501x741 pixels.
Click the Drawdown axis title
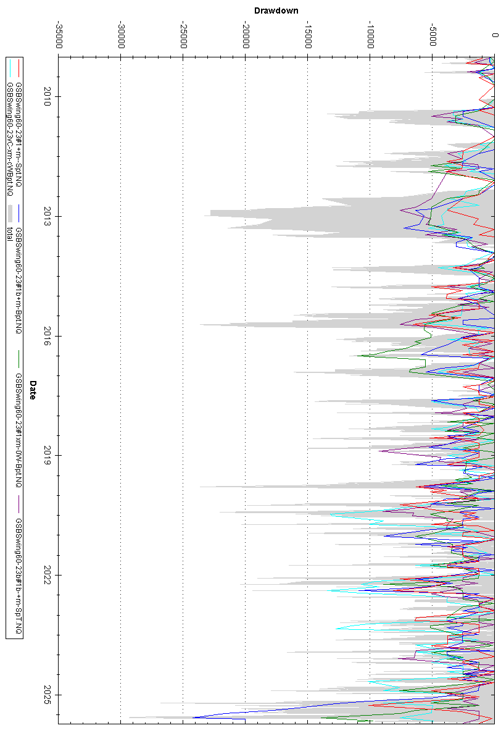276,10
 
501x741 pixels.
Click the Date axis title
33,390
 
